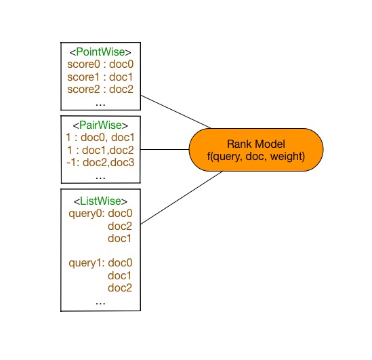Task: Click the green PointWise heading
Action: tap(100, 52)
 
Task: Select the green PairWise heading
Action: tap(100, 125)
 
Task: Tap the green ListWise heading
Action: tap(100, 201)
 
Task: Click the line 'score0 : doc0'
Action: tap(100, 64)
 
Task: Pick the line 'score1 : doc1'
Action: tap(100, 77)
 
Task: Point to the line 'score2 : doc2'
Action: tap(100, 89)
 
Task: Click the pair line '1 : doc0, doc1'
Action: tap(100, 137)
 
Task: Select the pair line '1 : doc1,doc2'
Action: tap(100, 150)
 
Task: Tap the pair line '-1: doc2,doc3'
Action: tap(100, 162)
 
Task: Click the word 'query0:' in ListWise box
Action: tap(87, 214)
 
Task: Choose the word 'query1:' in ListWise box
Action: tap(87, 263)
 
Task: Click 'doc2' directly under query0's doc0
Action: tap(120, 226)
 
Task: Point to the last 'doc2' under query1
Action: tap(120, 288)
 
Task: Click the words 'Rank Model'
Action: tap(256, 144)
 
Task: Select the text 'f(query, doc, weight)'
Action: tap(256, 157)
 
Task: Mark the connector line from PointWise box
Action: tap(175, 112)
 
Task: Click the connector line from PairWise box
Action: tap(165, 150)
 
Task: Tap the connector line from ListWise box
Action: tap(182, 198)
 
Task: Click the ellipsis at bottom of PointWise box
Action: tap(100, 104)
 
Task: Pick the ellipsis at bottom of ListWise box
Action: tap(100, 303)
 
